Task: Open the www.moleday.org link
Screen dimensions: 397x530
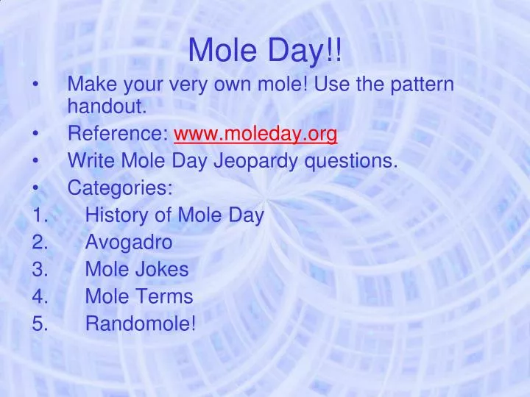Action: point(255,135)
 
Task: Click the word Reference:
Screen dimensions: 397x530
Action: point(119,135)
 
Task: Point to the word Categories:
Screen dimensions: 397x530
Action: point(120,188)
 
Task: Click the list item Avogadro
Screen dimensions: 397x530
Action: point(129,242)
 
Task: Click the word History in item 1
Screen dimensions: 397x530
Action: point(114,215)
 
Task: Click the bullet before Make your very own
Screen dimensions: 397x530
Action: point(36,85)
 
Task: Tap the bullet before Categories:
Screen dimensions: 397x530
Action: point(36,188)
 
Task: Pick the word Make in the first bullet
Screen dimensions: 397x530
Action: point(88,85)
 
